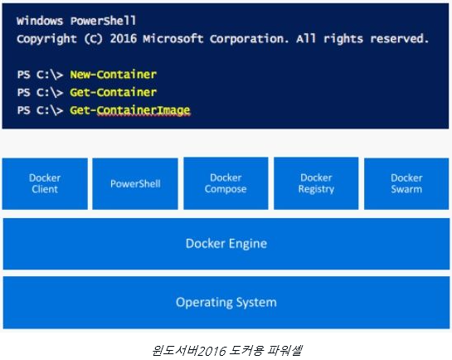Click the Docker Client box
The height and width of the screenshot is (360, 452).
click(45, 183)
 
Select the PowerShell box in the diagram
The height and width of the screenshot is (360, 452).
click(135, 183)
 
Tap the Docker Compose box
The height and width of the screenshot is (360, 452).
click(226, 183)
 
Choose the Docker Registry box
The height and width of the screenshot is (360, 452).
click(316, 183)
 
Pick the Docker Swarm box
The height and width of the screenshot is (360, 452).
click(406, 183)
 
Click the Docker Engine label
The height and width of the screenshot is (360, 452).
click(226, 244)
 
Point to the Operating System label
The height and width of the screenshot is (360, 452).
click(226, 303)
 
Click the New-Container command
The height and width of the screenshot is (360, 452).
click(114, 75)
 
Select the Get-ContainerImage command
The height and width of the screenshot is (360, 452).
click(130, 110)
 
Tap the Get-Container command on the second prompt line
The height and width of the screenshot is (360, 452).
click(114, 92)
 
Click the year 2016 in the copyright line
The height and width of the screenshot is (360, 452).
click(124, 39)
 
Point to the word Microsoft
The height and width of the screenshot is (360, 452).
click(173, 39)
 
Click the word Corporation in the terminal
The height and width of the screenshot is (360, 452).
click(250, 39)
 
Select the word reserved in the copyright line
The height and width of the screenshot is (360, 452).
click(400, 39)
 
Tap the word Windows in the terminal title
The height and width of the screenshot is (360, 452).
click(40, 21)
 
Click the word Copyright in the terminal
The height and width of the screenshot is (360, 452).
click(47, 39)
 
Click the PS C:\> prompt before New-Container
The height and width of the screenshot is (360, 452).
click(40, 75)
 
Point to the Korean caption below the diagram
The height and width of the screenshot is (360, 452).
click(227, 350)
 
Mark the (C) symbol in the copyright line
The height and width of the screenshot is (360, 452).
click(94, 39)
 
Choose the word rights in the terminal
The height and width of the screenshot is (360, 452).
click(343, 39)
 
